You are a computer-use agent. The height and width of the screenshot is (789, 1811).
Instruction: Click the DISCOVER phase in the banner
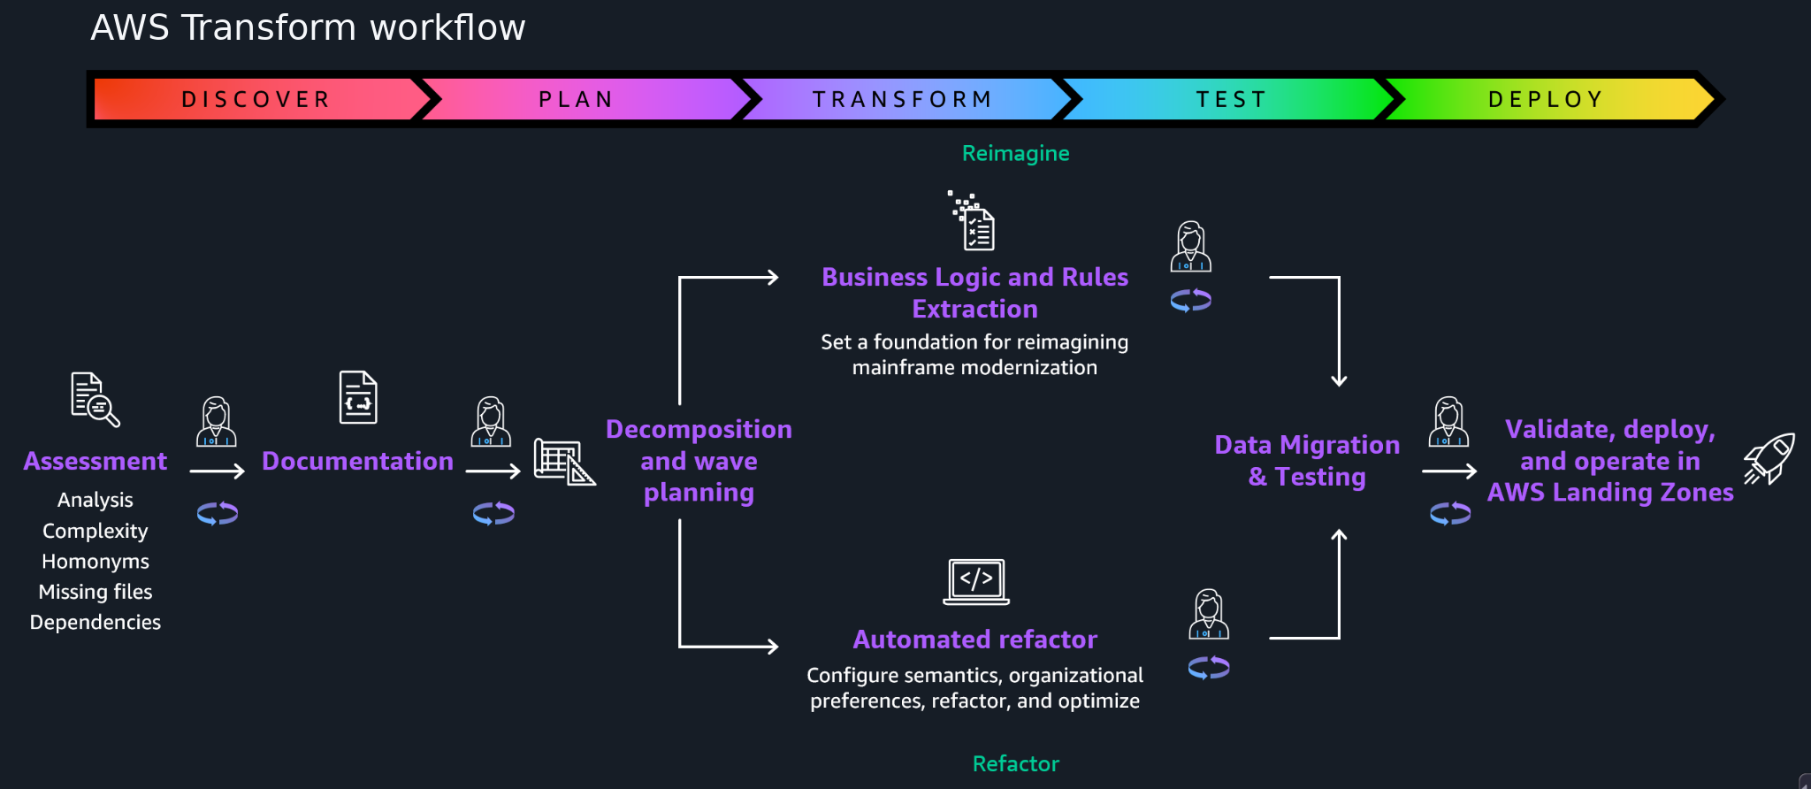tap(256, 99)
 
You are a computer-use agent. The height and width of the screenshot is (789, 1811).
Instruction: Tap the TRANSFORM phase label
tap(903, 99)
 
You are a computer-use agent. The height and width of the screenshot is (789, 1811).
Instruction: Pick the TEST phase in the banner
tap(1231, 99)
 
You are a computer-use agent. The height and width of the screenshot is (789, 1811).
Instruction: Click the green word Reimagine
tap(1015, 153)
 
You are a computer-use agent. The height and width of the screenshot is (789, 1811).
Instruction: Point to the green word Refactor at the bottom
tap(1015, 763)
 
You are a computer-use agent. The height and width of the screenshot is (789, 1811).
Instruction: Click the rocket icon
tap(1769, 458)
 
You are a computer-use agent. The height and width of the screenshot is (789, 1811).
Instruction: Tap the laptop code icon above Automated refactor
tap(976, 582)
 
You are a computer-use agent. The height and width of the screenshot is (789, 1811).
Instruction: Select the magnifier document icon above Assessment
tap(96, 399)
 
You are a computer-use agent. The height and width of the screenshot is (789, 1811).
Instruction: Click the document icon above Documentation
tap(358, 397)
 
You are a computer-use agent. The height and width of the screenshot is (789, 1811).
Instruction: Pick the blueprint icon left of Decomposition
tap(564, 461)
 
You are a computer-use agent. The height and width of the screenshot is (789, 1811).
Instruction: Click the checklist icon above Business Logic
tap(972, 220)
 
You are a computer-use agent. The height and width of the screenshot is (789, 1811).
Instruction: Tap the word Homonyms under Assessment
tap(96, 562)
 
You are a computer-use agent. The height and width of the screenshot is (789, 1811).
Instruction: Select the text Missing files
tap(96, 592)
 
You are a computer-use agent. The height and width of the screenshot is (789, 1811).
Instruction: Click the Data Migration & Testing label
tap(1307, 461)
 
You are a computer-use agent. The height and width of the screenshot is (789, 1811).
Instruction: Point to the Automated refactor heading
tap(975, 640)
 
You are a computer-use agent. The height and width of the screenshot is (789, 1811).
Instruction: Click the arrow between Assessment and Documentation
tap(217, 471)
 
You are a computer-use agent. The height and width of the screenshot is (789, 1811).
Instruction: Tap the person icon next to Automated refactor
tap(1209, 614)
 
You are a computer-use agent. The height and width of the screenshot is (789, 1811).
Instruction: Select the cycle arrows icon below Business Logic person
tap(1191, 301)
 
